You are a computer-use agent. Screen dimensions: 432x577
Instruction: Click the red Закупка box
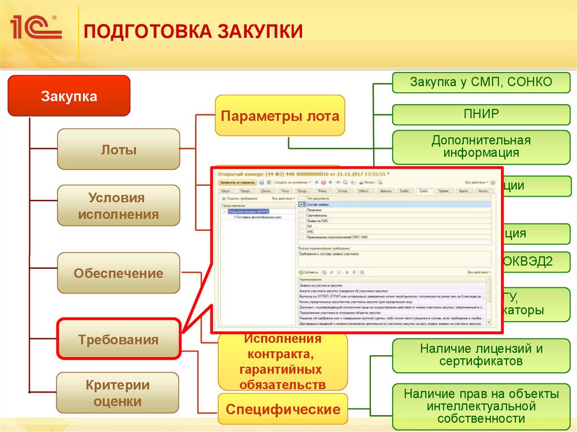[x=69, y=96]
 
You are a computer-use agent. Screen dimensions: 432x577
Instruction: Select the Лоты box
[x=118, y=149]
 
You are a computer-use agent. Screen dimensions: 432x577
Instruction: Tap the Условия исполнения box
[x=118, y=206]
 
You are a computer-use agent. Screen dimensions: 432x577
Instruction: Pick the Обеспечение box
[x=118, y=273]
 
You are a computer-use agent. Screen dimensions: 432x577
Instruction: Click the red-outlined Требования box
[x=118, y=340]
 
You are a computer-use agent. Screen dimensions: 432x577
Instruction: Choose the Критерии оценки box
[x=118, y=393]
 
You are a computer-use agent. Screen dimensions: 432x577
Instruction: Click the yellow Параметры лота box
[x=280, y=116]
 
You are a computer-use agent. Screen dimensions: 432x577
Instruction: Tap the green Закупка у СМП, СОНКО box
[x=481, y=83]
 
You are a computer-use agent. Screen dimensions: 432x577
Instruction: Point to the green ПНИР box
[x=481, y=114]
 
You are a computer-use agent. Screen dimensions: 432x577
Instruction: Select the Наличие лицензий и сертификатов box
[x=481, y=355]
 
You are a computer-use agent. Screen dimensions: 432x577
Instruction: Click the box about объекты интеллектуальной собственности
[x=481, y=406]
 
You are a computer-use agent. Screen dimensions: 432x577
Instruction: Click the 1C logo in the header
[x=34, y=27]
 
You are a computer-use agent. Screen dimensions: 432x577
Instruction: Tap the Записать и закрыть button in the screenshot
[x=237, y=182]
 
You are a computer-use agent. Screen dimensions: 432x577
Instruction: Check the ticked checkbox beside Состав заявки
[x=301, y=204]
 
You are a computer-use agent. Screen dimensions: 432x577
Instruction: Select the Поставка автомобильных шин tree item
[x=258, y=217]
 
